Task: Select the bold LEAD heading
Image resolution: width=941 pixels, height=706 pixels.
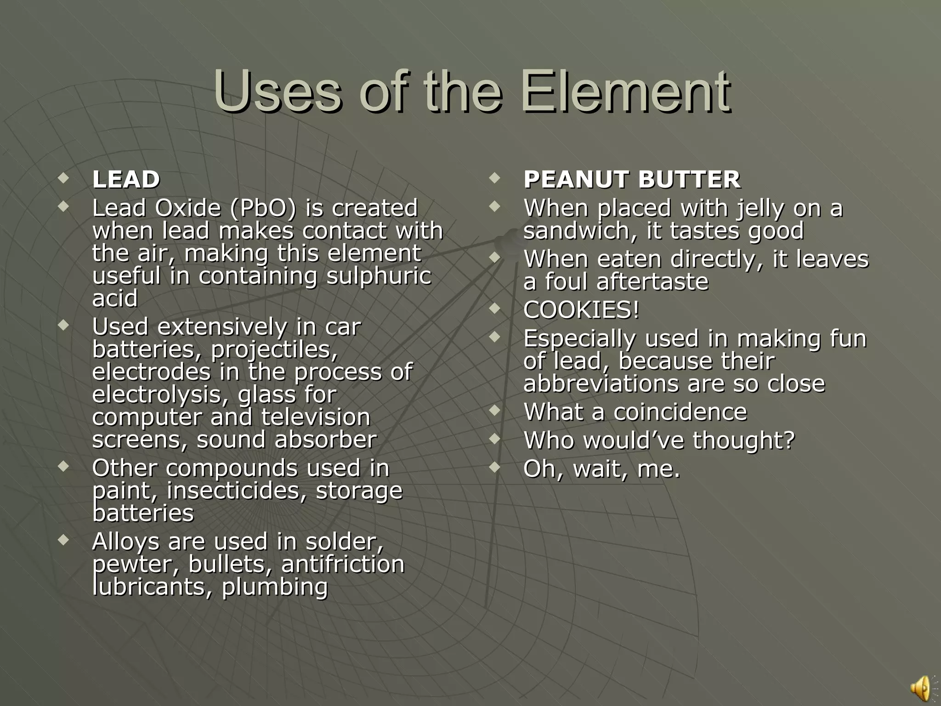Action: [x=126, y=179]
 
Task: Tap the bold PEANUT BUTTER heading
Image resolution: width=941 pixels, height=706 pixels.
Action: [x=632, y=179]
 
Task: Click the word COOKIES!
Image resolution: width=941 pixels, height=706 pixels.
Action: [x=581, y=310]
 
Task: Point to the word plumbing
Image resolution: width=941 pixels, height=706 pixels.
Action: [x=275, y=587]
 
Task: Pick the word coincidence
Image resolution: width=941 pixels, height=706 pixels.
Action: [x=680, y=412]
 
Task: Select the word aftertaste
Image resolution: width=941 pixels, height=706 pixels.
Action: [x=652, y=282]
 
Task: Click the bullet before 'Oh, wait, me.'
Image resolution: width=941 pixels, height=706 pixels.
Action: [x=494, y=467]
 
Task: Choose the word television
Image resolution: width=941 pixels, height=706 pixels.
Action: [x=316, y=417]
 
